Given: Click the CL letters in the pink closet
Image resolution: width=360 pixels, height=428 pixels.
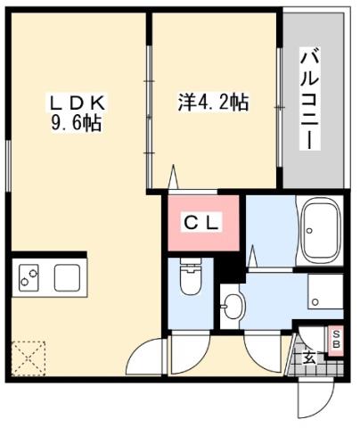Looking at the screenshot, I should [x=201, y=221].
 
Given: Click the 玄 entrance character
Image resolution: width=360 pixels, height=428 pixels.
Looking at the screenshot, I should [x=309, y=358].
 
